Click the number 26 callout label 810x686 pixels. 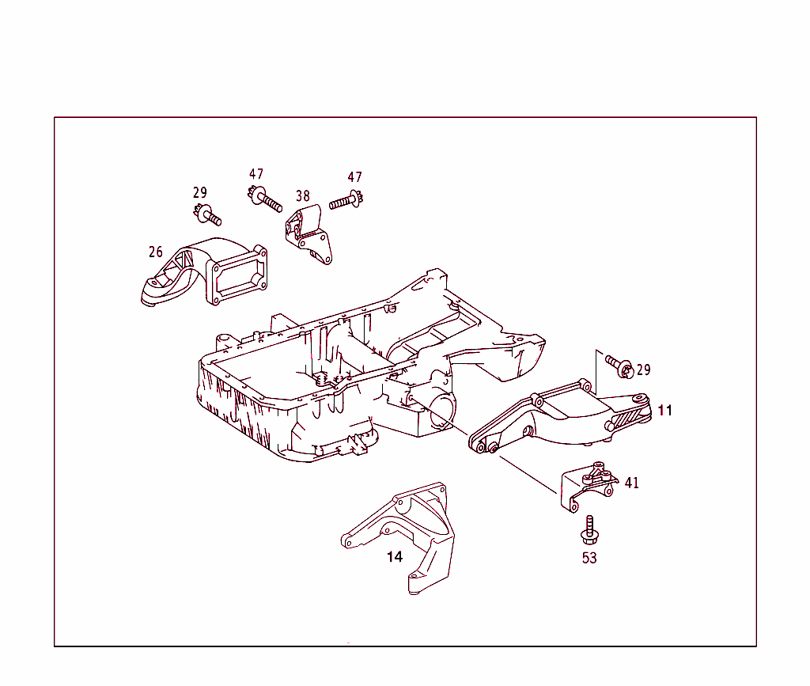pyautogui.click(x=156, y=252)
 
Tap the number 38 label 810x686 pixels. pyautogui.click(x=303, y=195)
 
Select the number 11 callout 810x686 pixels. pyautogui.click(x=664, y=410)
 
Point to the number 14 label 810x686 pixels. pyautogui.click(x=395, y=557)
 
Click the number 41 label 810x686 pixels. pyautogui.click(x=632, y=483)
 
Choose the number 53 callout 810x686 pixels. pyautogui.click(x=589, y=558)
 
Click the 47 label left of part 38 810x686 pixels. pyautogui.click(x=255, y=175)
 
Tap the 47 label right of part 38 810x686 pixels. pyautogui.click(x=354, y=177)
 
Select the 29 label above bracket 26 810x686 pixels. pyautogui.click(x=200, y=192)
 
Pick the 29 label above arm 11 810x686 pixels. pyautogui.click(x=643, y=370)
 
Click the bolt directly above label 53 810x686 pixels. pyautogui.click(x=589, y=529)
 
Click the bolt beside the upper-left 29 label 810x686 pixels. pyautogui.click(x=208, y=214)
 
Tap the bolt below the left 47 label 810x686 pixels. pyautogui.click(x=266, y=199)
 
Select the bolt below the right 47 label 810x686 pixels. pyautogui.click(x=345, y=202)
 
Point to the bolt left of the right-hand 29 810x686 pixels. pyautogui.click(x=619, y=365)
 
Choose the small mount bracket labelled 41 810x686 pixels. pyautogui.click(x=589, y=487)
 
